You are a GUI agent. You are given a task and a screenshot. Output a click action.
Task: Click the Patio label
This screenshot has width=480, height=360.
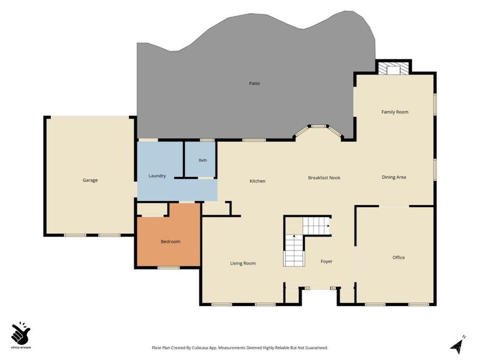click(254, 83)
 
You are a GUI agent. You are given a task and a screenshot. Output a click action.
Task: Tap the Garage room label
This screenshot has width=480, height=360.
click(90, 181)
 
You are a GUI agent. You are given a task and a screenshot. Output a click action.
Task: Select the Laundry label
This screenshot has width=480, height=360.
click(157, 176)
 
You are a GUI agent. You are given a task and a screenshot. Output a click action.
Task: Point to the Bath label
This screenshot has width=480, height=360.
click(203, 160)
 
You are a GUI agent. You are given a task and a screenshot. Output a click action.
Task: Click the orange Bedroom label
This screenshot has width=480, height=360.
click(170, 242)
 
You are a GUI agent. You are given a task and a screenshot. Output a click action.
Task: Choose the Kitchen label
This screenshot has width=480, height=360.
click(257, 181)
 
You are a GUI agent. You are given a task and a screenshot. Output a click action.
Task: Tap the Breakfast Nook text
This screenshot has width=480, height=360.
click(324, 178)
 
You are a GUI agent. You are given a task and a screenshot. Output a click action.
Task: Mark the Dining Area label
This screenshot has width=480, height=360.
click(394, 177)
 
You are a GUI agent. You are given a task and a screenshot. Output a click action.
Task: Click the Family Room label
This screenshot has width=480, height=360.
click(395, 112)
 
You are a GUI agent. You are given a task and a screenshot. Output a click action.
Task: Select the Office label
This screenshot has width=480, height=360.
click(398, 257)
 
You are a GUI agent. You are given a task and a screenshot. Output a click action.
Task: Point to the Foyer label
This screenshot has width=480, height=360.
click(326, 262)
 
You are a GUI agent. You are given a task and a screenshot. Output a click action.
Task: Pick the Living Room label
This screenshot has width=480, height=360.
click(243, 263)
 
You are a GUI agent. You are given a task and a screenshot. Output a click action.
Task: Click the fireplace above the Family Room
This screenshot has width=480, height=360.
click(394, 69)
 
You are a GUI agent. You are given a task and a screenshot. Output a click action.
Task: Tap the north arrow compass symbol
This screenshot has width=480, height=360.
click(458, 345)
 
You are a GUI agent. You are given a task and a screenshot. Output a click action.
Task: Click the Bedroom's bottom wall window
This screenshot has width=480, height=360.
click(169, 268)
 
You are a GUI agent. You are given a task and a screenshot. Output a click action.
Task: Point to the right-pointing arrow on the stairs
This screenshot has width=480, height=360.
click(328, 226)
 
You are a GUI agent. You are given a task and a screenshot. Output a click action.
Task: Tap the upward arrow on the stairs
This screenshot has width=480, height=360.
click(294, 236)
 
